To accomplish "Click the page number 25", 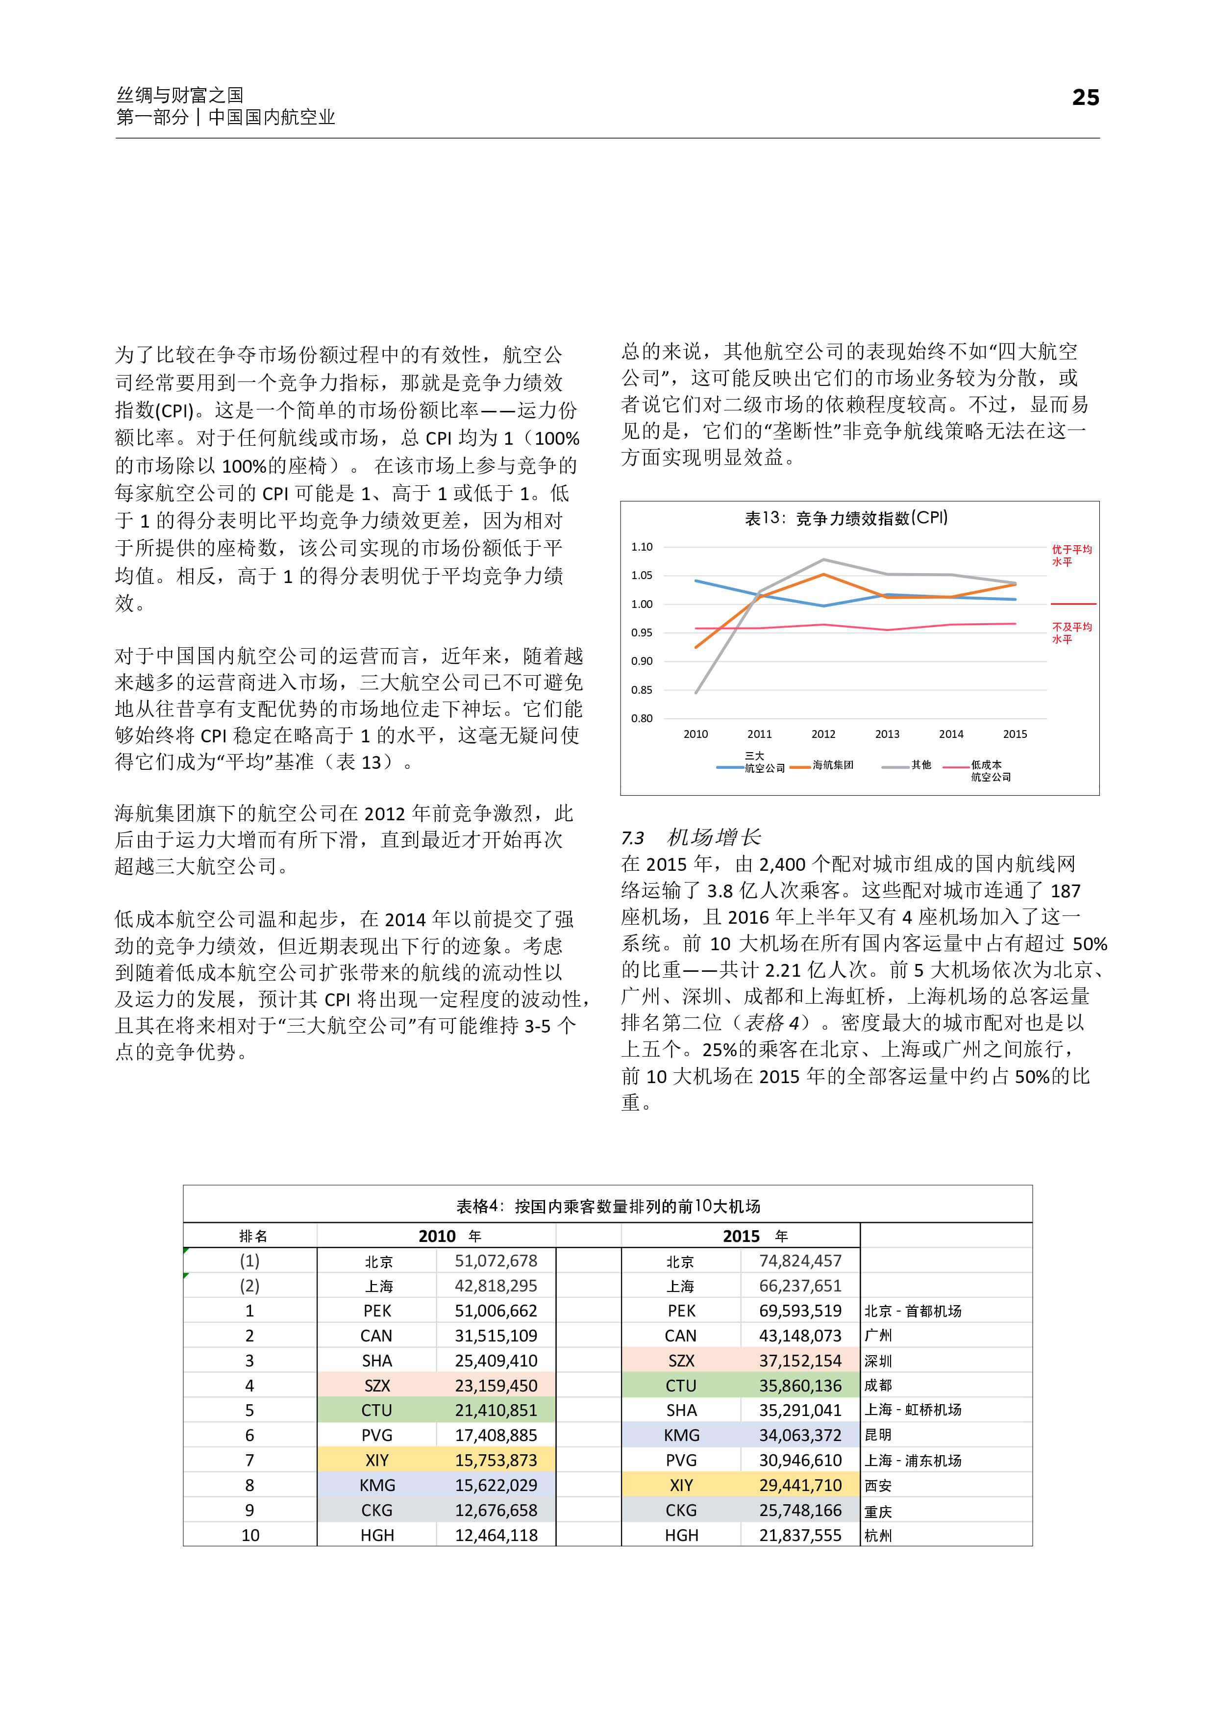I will (1085, 98).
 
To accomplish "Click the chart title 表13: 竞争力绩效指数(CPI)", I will (846, 518).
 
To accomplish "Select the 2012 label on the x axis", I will (823, 734).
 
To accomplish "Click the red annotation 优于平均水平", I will (1071, 555).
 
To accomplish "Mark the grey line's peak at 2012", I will (823, 559).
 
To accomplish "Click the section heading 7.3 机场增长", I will (691, 837).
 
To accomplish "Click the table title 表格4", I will (608, 1206).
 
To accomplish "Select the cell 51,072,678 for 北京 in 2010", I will (496, 1261).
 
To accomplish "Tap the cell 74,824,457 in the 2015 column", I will (800, 1261).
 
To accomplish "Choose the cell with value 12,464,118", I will (496, 1535).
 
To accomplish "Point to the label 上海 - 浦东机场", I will (912, 1460).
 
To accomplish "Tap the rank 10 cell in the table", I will (250, 1535).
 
